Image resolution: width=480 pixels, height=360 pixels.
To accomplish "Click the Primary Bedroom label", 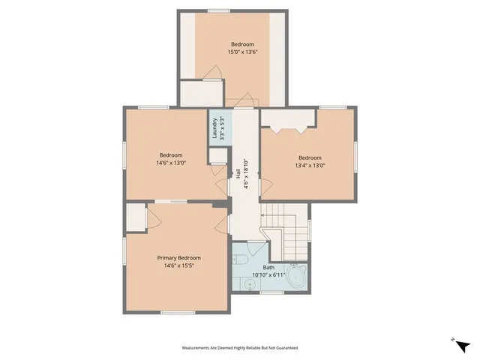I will coord(178,258).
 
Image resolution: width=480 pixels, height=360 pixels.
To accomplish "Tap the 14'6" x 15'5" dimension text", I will coord(178,265).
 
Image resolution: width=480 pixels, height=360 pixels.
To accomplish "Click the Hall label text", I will coord(238,172).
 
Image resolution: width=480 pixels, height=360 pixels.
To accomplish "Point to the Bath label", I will coord(268,268).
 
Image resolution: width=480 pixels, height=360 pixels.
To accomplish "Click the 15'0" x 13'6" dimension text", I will coord(241,53).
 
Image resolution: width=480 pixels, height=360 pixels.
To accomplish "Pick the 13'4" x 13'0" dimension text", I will coord(310,166).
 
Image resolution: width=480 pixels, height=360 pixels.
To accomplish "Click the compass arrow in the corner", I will coord(461,344).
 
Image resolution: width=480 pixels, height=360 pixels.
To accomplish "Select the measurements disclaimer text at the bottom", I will coord(240,348).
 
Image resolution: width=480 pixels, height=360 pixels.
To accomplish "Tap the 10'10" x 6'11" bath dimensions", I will coord(268,275).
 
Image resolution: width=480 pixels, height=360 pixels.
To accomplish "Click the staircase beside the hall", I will coord(285,225).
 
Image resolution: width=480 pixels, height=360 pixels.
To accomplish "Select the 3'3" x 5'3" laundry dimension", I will coord(222,130).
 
